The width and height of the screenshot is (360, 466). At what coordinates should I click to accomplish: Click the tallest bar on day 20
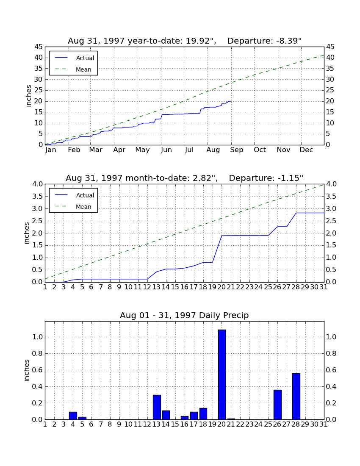tap(222, 374)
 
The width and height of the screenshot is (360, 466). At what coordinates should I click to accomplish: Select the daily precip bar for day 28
tap(296, 397)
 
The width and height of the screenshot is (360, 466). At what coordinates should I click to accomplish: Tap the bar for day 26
tap(277, 405)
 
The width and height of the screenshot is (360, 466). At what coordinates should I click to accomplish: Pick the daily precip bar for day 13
tap(157, 407)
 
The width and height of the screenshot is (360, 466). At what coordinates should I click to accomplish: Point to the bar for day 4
tap(73, 416)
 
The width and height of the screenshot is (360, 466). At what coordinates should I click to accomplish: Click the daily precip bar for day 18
tap(203, 414)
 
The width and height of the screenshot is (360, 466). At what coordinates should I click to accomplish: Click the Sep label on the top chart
tap(236, 150)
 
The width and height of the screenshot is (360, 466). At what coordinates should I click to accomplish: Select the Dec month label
tap(306, 150)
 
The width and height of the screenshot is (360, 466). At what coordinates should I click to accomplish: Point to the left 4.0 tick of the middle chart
tap(38, 184)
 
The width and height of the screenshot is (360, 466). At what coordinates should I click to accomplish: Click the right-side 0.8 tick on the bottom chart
tap(331, 353)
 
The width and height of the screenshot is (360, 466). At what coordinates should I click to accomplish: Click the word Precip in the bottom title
tap(236, 315)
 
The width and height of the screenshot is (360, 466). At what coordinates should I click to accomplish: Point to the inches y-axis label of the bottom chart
tap(27, 370)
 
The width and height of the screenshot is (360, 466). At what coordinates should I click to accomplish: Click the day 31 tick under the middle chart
tap(324, 287)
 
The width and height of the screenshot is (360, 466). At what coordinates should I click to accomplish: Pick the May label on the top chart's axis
tap(143, 150)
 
